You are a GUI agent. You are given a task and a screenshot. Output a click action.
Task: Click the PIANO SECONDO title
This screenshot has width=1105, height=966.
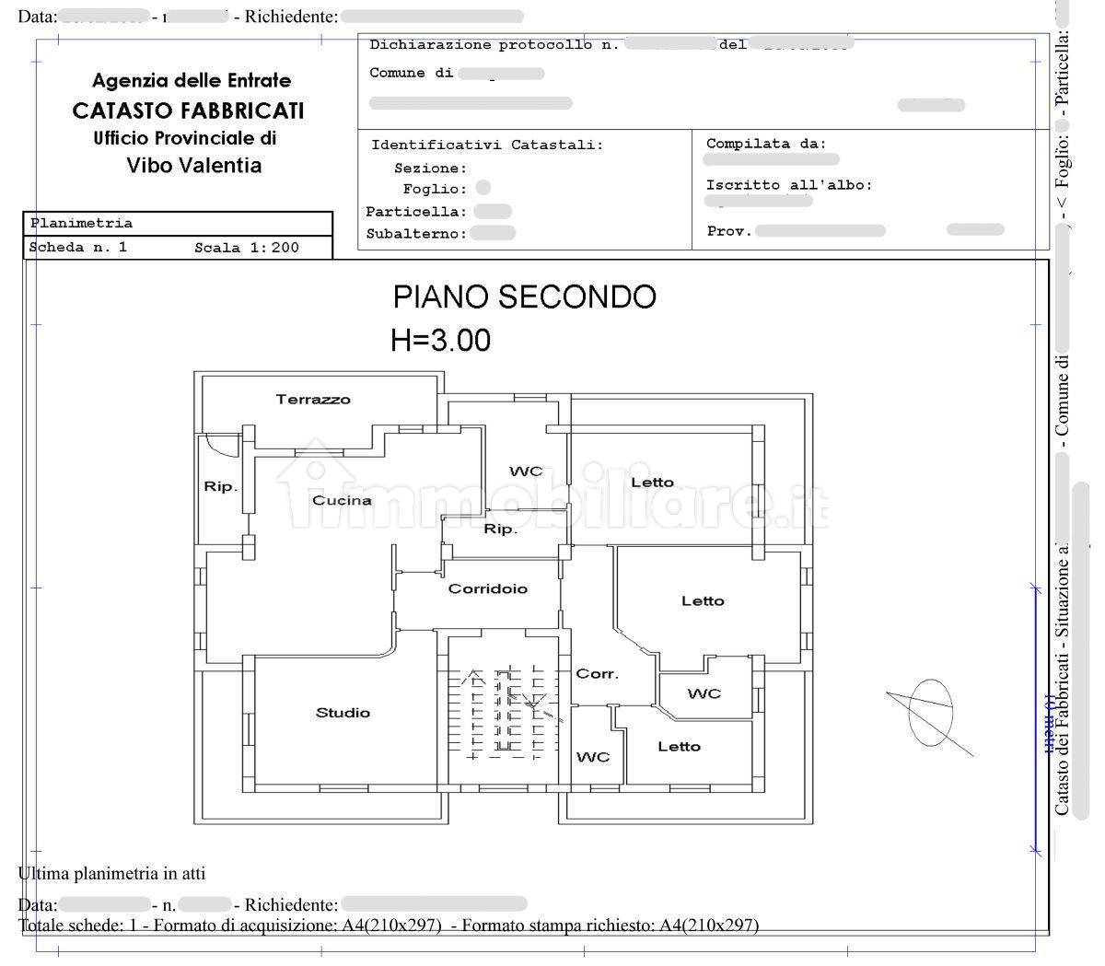pyautogui.click(x=524, y=297)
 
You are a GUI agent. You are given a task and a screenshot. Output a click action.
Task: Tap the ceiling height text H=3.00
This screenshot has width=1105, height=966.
pyautogui.click(x=440, y=340)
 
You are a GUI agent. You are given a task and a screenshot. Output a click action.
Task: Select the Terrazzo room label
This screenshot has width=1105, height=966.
pyautogui.click(x=313, y=400)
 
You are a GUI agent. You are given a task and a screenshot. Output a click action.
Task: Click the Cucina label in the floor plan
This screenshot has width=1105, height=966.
pyautogui.click(x=342, y=500)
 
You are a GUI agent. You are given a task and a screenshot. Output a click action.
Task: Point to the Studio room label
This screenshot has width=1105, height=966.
pyautogui.click(x=343, y=713)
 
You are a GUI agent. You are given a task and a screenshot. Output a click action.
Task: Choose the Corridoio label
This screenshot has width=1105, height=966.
pyautogui.click(x=488, y=588)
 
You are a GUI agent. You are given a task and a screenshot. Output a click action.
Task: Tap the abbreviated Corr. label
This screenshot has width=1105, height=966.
pyautogui.click(x=597, y=674)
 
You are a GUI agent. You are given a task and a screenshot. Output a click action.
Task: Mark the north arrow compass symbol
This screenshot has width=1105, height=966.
pyautogui.click(x=930, y=713)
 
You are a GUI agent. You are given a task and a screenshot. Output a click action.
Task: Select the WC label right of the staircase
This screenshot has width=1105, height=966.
pyautogui.click(x=593, y=757)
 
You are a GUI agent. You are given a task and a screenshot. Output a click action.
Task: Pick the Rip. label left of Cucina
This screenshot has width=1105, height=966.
pyautogui.click(x=220, y=486)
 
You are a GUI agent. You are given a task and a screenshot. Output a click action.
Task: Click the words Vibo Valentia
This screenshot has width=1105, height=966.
pyautogui.click(x=193, y=166)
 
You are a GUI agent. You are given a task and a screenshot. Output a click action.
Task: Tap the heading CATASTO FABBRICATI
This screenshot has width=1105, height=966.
pyautogui.click(x=188, y=111)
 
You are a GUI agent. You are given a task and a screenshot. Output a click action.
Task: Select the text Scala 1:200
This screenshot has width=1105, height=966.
pyautogui.click(x=247, y=248)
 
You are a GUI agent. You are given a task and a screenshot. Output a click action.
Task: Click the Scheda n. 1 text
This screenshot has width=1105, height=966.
pyautogui.click(x=78, y=248)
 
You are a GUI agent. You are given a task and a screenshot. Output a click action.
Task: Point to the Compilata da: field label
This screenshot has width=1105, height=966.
pyautogui.click(x=766, y=144)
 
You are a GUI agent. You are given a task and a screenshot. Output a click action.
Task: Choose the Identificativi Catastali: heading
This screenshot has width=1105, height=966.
pyautogui.click(x=487, y=145)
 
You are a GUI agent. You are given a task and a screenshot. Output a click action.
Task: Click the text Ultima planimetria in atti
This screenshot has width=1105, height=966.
pyautogui.click(x=111, y=873)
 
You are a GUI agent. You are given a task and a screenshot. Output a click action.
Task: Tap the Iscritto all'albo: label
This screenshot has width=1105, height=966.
pyautogui.click(x=788, y=185)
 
